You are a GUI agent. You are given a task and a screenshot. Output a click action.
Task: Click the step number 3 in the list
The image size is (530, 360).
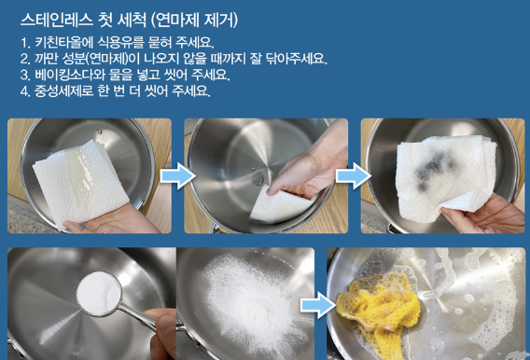point(22,75)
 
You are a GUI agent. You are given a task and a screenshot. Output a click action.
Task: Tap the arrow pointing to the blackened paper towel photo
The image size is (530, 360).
point(347,174)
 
